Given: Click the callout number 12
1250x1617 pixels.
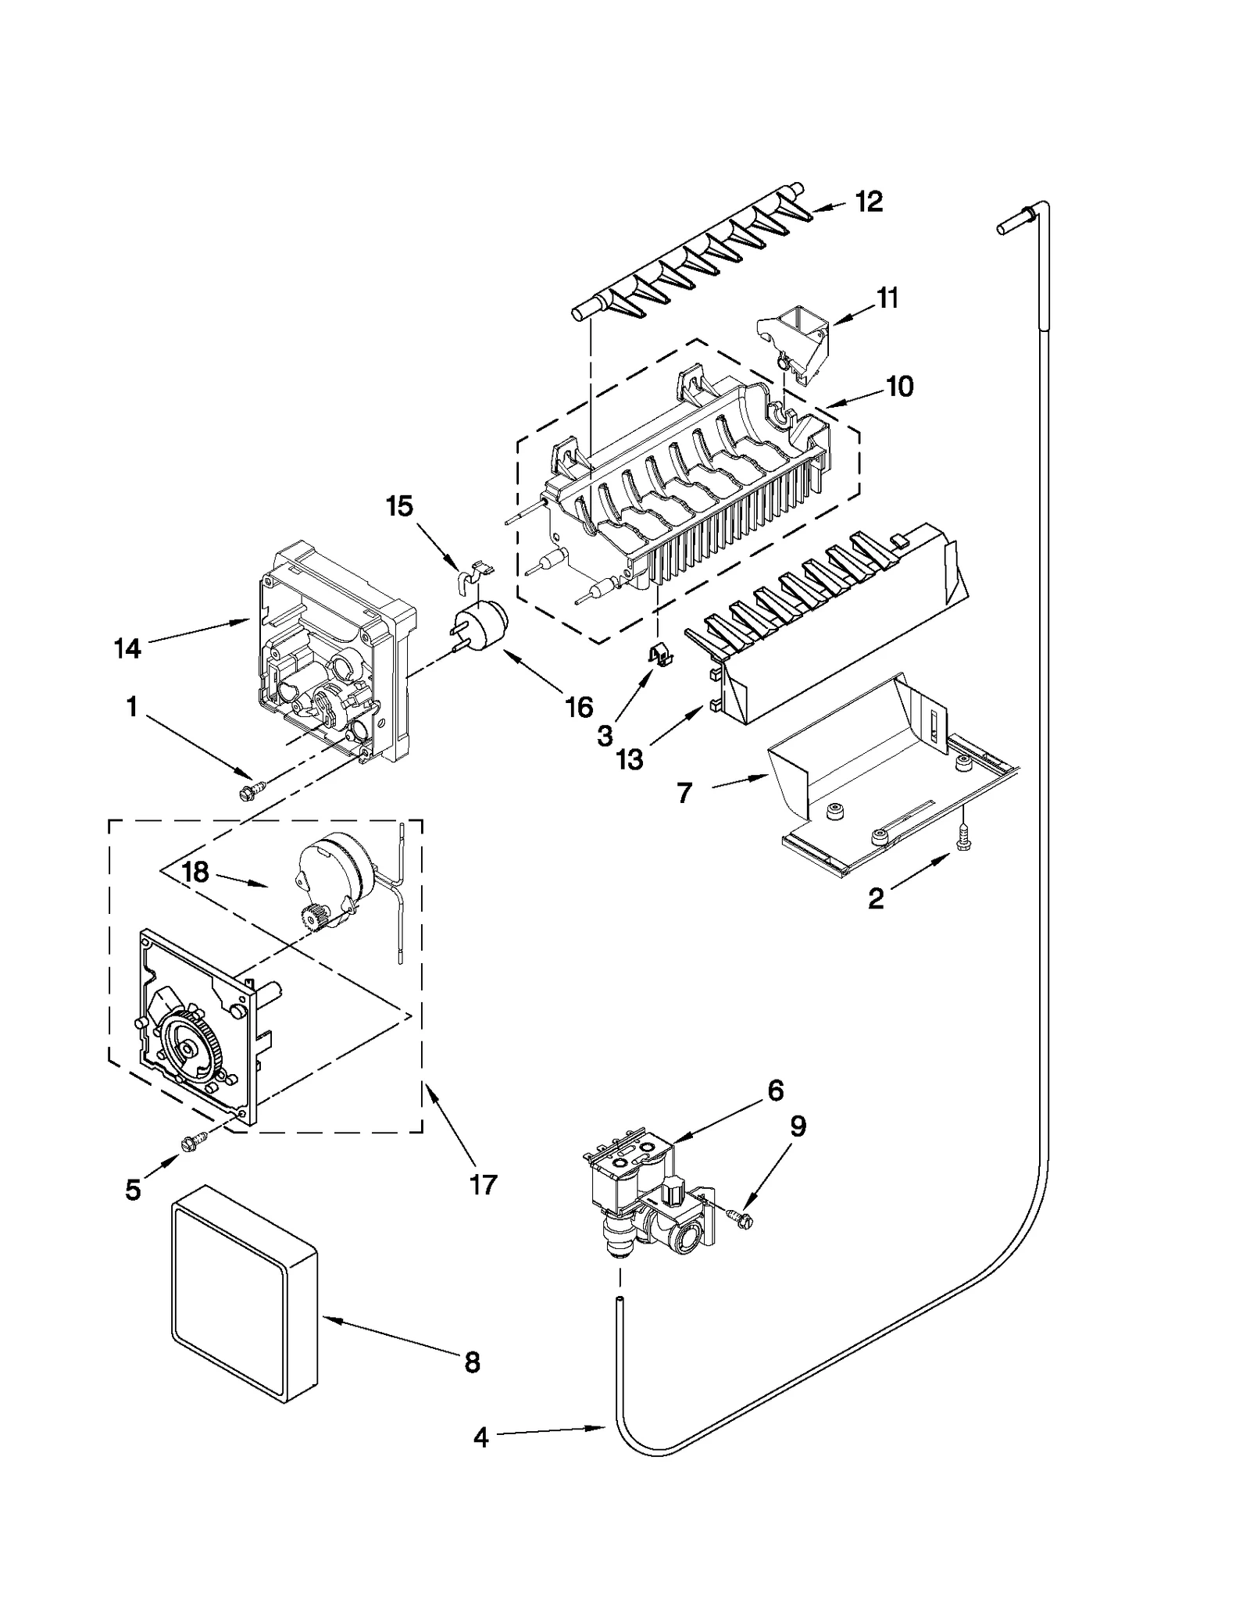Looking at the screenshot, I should [868, 202].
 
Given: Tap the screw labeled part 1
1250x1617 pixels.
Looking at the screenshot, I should [252, 792].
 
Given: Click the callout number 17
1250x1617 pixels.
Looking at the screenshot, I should [484, 1184].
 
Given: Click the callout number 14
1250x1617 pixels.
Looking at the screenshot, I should [127, 648].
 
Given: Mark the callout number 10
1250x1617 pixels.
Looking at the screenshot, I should [900, 386].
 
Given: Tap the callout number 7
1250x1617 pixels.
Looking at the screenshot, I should [684, 793].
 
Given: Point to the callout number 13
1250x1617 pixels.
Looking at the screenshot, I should [630, 759].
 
